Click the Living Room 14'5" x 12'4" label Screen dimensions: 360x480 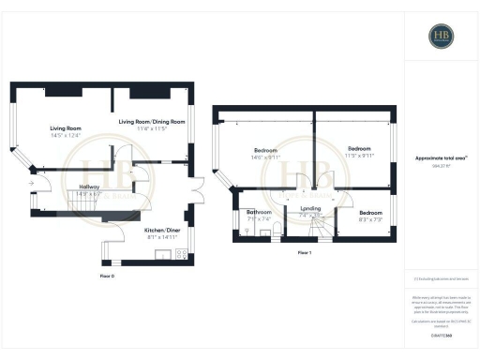tap(66, 131)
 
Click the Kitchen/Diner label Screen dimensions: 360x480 tap(162, 232)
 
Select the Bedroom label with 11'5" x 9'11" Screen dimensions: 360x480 tap(359, 151)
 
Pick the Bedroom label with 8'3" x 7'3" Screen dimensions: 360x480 tap(371, 216)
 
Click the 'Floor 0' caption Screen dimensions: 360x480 tap(107, 277)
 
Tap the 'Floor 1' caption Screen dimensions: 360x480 tap(304, 253)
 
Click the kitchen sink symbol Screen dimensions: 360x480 tap(159, 253)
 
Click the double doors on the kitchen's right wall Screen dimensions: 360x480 tap(198, 196)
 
